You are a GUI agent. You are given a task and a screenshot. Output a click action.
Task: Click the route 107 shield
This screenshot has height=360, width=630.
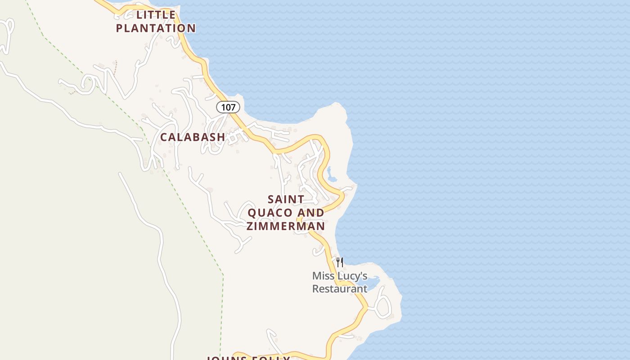click(228, 107)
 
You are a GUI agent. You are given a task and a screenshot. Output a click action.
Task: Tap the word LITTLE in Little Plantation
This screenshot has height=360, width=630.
click(156, 15)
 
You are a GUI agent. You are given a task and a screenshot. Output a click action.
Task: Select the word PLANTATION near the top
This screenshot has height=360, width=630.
click(156, 28)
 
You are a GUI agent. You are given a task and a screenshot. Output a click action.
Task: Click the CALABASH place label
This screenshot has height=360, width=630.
click(193, 137)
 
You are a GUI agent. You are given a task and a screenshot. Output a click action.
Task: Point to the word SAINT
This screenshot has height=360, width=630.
click(286, 199)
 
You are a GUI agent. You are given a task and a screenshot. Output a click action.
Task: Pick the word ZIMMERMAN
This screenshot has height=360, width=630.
click(286, 226)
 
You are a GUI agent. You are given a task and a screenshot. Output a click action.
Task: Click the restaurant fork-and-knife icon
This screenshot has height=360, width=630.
click(340, 262)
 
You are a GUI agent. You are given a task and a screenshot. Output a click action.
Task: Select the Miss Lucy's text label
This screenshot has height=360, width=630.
click(340, 276)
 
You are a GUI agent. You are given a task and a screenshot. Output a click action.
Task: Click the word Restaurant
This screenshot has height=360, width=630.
click(340, 289)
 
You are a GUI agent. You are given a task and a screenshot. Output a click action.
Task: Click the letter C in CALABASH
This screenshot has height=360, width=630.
click(164, 137)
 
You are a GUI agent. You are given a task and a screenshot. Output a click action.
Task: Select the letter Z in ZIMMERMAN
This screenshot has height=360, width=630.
click(250, 226)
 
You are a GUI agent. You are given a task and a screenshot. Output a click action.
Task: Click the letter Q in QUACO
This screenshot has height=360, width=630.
click(252, 212)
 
